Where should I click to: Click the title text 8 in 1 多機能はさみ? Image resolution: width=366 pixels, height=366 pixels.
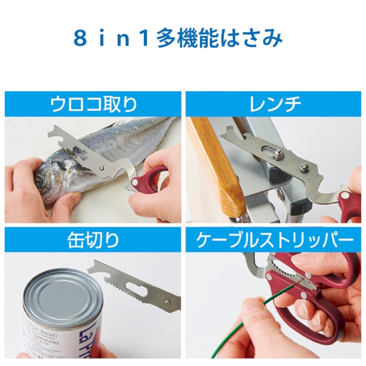click(178, 38)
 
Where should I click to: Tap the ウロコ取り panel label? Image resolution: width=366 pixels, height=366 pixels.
click(93, 104)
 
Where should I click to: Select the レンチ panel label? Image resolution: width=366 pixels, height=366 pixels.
click(276, 104)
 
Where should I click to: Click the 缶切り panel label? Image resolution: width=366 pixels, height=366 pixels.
click(93, 240)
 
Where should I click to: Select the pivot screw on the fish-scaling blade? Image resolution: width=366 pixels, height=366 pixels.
click(101, 168)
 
